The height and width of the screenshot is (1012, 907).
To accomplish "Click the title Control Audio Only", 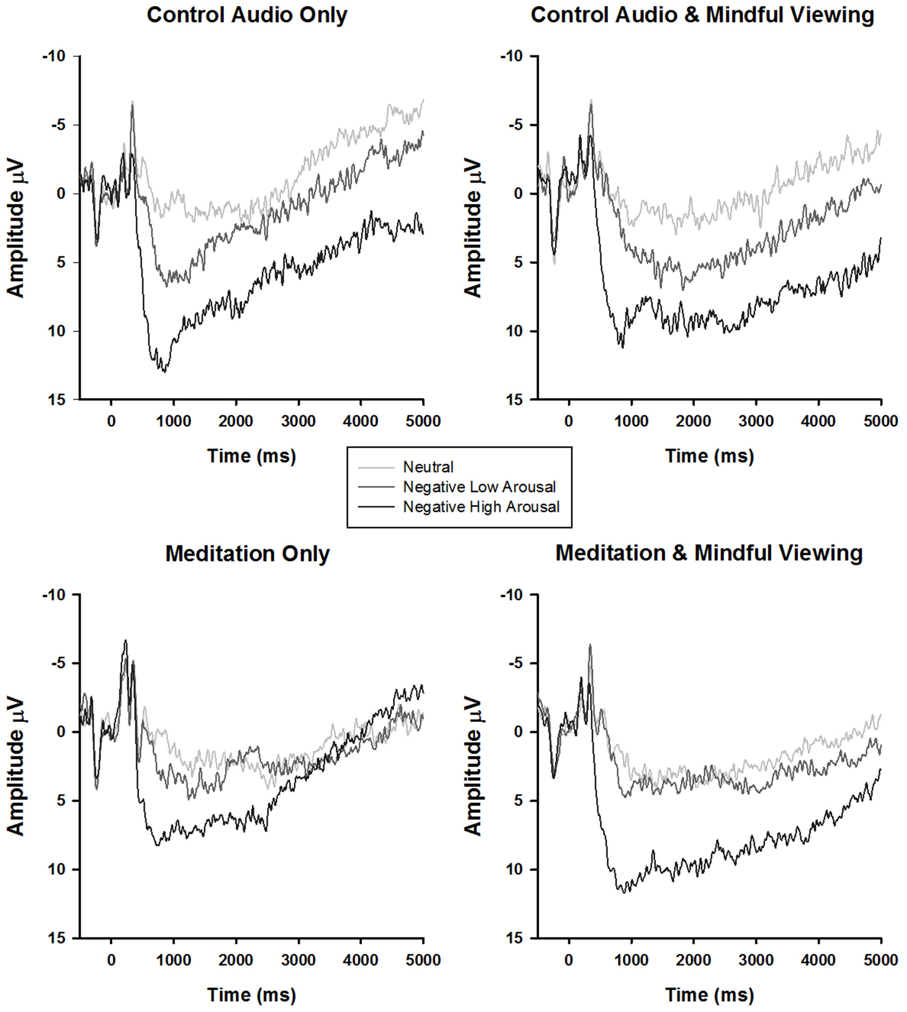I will [x=247, y=15].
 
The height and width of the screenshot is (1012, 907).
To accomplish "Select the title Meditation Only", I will [x=247, y=553].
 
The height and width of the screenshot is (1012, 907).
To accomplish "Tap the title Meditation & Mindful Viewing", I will [x=709, y=553].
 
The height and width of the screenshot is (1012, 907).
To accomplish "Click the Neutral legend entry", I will [x=428, y=468].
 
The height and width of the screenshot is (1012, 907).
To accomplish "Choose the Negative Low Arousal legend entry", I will [x=479, y=487].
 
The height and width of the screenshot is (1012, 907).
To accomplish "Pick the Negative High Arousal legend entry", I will [x=481, y=507].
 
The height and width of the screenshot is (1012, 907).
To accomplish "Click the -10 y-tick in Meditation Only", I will [x=54, y=595].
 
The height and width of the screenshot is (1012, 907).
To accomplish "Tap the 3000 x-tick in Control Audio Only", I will [x=298, y=421].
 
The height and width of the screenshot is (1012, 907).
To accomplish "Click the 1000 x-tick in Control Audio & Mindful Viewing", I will [x=631, y=421].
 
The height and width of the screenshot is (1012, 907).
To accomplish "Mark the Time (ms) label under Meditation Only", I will [x=251, y=994].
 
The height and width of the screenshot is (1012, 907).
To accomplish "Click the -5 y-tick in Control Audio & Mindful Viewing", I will [x=516, y=125].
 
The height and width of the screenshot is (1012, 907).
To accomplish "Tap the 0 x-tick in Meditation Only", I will [x=111, y=960].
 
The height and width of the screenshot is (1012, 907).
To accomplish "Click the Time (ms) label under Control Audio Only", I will [x=251, y=456].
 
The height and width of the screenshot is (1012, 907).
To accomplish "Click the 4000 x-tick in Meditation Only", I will [x=361, y=960].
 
